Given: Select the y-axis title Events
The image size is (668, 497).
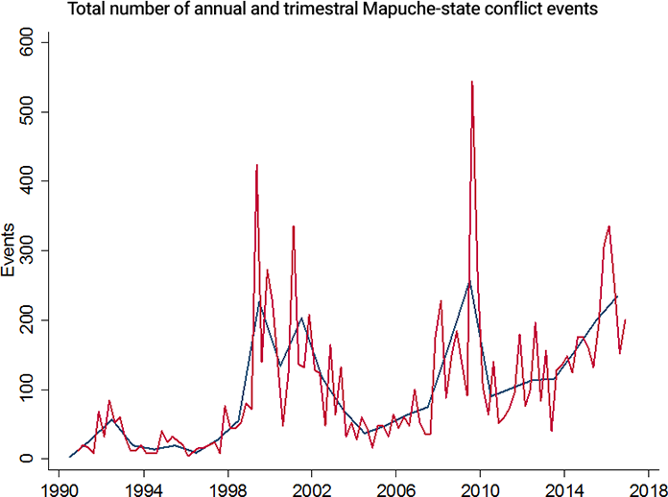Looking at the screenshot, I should tap(10, 250).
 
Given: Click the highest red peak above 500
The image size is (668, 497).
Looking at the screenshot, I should tap(472, 83).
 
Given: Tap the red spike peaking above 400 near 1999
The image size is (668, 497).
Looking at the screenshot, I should tap(257, 166).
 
